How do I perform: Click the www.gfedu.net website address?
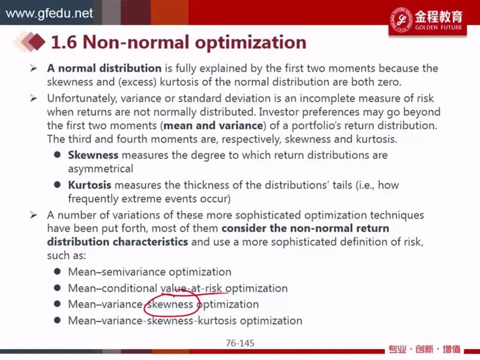point(49,13)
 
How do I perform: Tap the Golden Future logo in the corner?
point(427,20)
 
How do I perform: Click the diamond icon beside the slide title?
point(30,41)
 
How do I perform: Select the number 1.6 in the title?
point(64,42)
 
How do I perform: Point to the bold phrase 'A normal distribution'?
point(104,68)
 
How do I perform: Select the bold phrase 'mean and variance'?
point(213,125)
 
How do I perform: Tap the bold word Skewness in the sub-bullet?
point(93,155)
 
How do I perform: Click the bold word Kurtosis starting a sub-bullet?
point(89,185)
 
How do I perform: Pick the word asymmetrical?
point(100,169)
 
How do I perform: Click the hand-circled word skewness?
point(170,304)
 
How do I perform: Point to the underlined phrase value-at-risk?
point(193,289)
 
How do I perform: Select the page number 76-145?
point(240,343)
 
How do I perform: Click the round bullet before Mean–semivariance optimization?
point(57,272)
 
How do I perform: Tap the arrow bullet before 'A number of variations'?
point(34,215)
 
